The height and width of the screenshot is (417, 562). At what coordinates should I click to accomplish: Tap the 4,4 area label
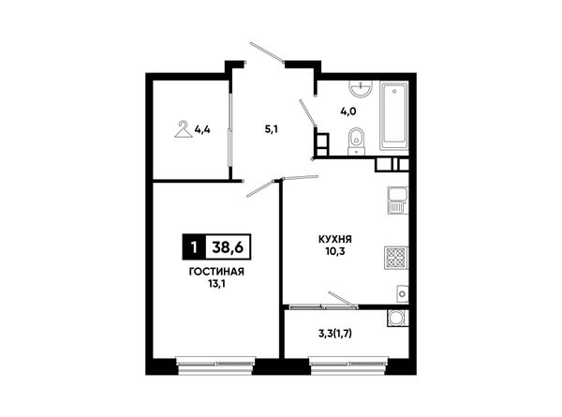202,129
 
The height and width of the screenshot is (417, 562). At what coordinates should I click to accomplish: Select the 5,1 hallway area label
272,129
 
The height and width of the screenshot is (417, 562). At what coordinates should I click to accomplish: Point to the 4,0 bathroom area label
348,112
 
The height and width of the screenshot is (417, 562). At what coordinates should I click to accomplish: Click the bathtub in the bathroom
394,116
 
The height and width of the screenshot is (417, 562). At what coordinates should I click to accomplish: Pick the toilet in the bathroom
356,141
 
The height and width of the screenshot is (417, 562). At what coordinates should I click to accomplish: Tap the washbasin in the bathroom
362,89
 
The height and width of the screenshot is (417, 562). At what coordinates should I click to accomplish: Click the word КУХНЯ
335,239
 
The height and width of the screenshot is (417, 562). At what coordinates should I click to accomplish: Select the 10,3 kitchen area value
335,252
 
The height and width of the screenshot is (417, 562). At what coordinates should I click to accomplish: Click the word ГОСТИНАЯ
216,272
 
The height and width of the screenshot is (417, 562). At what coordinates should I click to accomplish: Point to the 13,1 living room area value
216,284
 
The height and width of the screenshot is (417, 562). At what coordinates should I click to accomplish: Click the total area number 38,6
228,247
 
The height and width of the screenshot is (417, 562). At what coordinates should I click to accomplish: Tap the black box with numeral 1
194,247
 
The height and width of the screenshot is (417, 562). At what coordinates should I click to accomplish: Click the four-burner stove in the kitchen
396,258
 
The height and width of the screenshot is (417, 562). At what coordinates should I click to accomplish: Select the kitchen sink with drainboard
398,201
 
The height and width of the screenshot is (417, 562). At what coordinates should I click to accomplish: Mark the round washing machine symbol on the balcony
397,318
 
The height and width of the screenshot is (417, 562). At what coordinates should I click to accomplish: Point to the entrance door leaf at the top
267,53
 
